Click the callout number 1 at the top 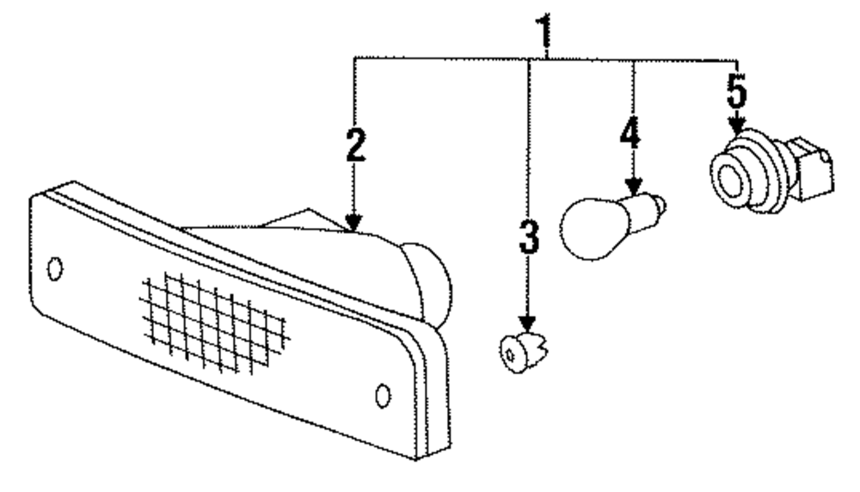[x=543, y=32]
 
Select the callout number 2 [x=353, y=146]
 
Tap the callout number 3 [x=528, y=238]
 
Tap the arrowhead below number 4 [x=634, y=186]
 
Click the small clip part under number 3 [x=519, y=350]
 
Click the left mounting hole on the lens [x=55, y=269]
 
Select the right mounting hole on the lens [x=384, y=395]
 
